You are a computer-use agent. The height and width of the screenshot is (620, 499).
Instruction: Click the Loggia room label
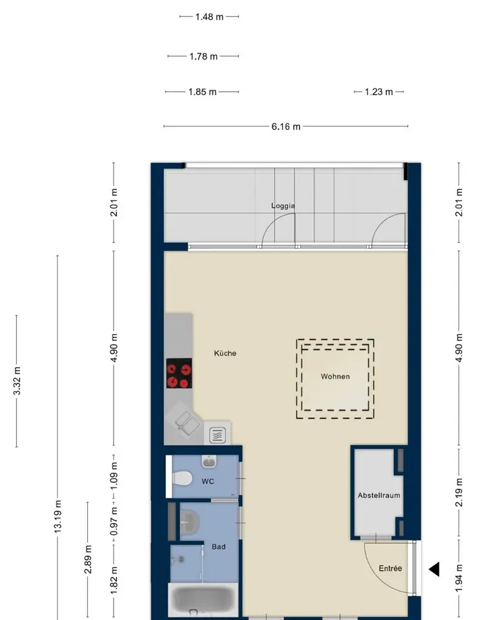[x=283, y=205]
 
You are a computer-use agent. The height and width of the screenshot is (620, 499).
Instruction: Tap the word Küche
[x=225, y=353]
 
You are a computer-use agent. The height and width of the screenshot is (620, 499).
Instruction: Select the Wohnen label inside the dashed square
[x=335, y=377]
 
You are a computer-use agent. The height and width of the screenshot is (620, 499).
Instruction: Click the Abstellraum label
[x=379, y=495]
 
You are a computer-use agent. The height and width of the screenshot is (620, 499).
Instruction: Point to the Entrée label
[x=391, y=568]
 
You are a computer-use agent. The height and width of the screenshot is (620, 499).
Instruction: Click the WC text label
[x=208, y=481]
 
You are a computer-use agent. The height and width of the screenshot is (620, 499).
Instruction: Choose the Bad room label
[x=218, y=546]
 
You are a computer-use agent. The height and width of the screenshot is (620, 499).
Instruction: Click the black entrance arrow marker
[x=434, y=570]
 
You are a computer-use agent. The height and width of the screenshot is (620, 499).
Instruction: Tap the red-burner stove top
[x=179, y=373]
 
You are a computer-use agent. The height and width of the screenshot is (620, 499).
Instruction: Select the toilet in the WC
[x=182, y=479]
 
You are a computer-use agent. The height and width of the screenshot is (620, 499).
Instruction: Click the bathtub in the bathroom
[x=203, y=601]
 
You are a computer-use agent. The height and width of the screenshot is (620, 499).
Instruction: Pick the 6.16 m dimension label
[x=286, y=127]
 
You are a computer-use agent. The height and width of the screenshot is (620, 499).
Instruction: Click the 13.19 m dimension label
[x=57, y=517]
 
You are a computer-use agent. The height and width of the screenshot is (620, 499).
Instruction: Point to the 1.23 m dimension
[x=378, y=92]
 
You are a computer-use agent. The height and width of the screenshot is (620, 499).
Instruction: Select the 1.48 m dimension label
[x=209, y=17]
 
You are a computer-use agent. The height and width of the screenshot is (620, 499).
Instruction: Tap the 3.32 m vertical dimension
[x=17, y=381]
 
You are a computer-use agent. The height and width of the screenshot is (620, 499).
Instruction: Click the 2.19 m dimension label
[x=459, y=492]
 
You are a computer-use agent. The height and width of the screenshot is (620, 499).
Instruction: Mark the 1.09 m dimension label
[x=114, y=476]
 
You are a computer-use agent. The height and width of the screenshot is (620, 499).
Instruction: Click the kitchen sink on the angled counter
[x=187, y=423]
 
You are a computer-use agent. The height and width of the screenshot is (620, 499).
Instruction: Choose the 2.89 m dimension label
[x=88, y=559]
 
